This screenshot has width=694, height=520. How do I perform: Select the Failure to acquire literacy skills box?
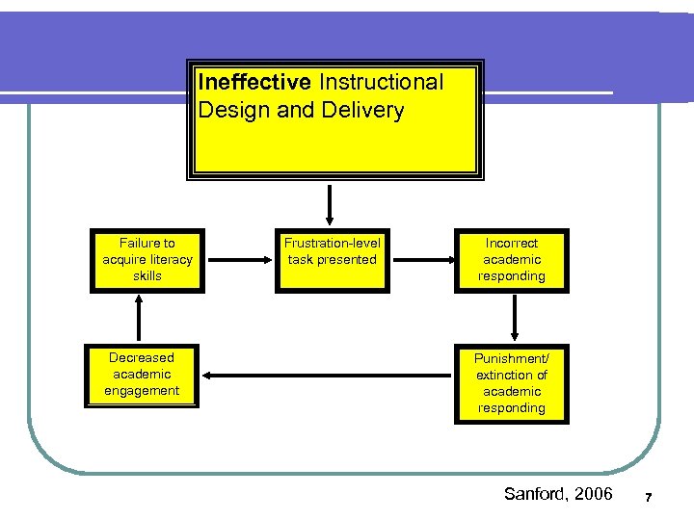pos(147,260)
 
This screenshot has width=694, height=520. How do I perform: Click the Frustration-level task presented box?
pos(333,260)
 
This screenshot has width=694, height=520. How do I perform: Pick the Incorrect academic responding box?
pos(512,260)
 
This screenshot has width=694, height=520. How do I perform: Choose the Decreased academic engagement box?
pos(143,375)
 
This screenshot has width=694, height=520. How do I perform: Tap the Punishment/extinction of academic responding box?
pos(512,383)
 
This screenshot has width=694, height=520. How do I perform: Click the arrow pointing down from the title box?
pos(331,204)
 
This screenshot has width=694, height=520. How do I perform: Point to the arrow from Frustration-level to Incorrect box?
pos(420,260)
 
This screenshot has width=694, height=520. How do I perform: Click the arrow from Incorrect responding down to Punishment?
pos(513,318)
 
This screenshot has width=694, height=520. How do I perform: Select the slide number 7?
pos(649,498)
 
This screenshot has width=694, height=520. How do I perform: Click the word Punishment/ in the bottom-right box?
pos(512,358)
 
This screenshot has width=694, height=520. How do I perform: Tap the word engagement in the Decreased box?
pos(143,391)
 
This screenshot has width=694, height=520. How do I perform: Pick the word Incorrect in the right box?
pos(512,244)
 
